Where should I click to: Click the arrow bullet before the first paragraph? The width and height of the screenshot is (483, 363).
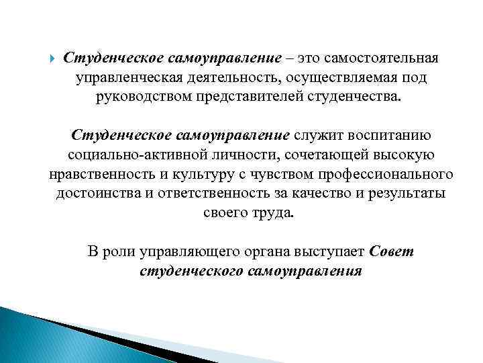(x=54, y=57)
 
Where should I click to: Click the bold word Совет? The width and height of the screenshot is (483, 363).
(x=392, y=252)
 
